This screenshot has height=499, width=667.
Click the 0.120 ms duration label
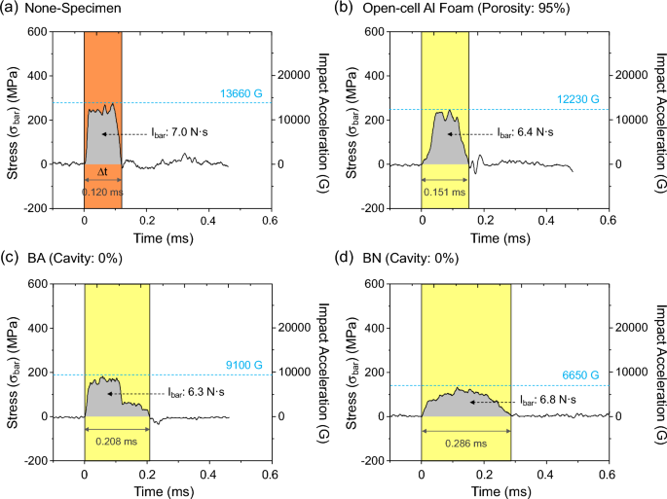103,192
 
